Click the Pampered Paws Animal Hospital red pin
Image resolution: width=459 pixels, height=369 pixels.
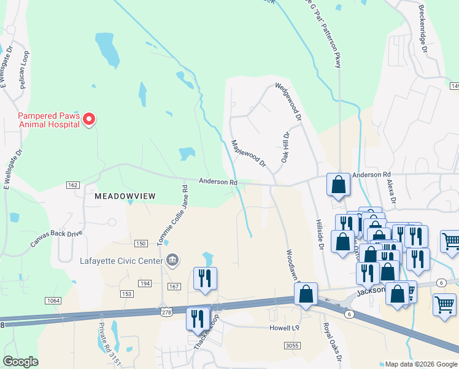[x=89, y=119]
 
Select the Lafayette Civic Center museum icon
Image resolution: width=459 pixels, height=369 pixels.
[x=172, y=260]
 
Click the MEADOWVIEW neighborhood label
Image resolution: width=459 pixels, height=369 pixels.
[x=125, y=196]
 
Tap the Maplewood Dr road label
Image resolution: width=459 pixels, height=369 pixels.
[x=249, y=154]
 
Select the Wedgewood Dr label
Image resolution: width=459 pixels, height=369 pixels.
[x=288, y=101]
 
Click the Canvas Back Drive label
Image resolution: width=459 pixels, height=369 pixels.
[x=56, y=239]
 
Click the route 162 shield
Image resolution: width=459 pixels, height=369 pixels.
[x=73, y=185]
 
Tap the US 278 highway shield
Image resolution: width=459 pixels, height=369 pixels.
[x=164, y=314]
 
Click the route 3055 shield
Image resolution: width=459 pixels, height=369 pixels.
[x=291, y=346]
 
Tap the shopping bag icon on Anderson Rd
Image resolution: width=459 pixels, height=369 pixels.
[x=338, y=184]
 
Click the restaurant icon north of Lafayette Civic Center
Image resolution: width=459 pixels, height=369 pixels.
[x=205, y=278]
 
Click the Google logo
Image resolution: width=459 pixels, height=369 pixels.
[x=21, y=362]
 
